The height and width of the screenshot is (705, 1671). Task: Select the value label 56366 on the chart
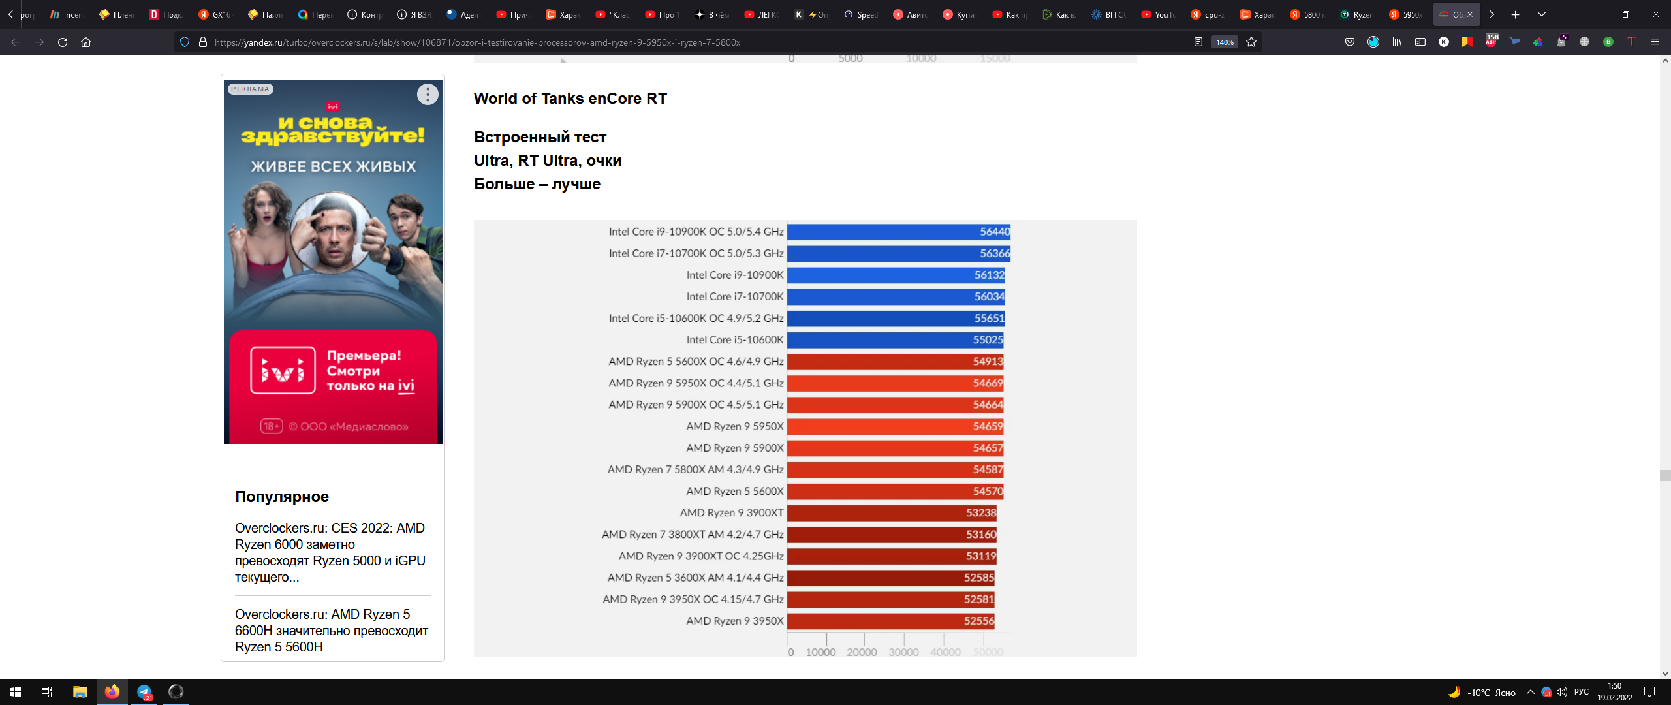pos(994,253)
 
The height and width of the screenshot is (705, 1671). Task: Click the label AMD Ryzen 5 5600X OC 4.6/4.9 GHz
pos(696,362)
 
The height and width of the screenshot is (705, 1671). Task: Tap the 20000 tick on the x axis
pos(862,652)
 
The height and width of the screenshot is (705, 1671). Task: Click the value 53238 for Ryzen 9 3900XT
pos(980,513)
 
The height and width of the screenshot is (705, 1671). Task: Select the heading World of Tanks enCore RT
pos(570,99)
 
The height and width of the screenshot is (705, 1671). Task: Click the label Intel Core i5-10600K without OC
pos(734,340)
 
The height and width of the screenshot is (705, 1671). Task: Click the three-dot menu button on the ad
pos(428,95)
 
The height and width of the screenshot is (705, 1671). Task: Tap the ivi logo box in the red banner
pos(283,371)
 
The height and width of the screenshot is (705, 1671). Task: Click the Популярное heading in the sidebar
pos(282,497)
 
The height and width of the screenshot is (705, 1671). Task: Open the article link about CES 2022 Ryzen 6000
pos(330,552)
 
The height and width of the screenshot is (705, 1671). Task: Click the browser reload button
pos(63,42)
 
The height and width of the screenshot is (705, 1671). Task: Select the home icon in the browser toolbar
pos(86,42)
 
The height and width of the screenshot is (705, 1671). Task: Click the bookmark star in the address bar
pos(1251,42)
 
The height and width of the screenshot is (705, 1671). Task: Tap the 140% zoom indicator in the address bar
pos(1224,42)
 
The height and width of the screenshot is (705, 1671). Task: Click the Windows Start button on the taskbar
pos(16,692)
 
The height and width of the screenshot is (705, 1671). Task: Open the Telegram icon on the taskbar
pos(144,692)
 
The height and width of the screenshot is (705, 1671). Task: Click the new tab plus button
pos(1515,14)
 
